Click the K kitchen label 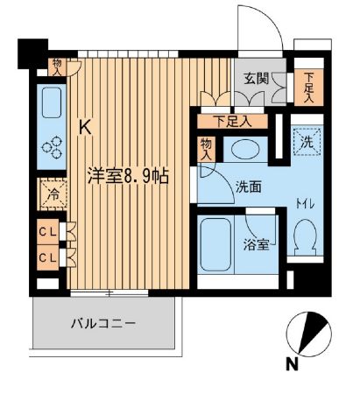(x=86, y=128)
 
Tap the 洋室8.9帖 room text (x=128, y=174)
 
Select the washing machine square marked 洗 (x=307, y=140)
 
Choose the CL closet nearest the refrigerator (x=49, y=232)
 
